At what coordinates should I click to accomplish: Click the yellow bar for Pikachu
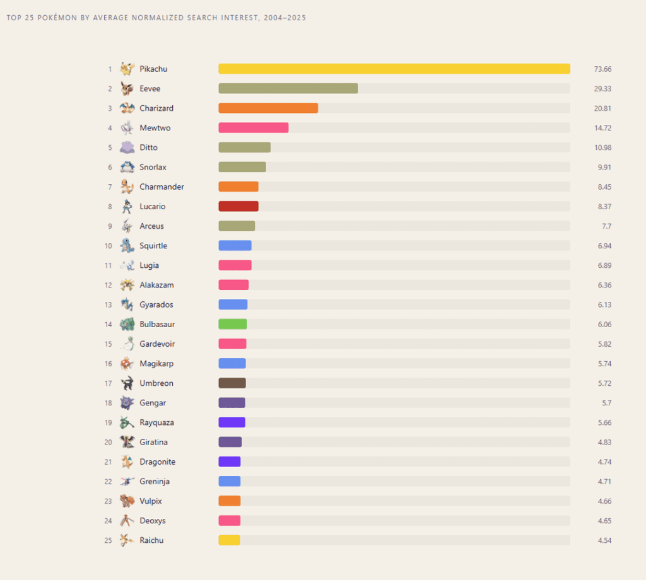pyautogui.click(x=394, y=69)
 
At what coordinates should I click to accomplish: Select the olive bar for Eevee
pyautogui.click(x=288, y=88)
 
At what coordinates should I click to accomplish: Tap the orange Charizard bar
pyautogui.click(x=268, y=108)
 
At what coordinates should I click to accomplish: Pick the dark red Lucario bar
pyautogui.click(x=238, y=206)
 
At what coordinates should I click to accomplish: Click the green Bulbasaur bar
pyautogui.click(x=233, y=324)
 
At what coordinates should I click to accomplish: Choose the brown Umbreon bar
pyautogui.click(x=232, y=383)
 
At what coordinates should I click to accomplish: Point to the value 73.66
pyautogui.click(x=602, y=69)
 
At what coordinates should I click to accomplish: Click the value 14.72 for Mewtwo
pyautogui.click(x=602, y=128)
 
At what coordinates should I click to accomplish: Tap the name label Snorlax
pyautogui.click(x=153, y=167)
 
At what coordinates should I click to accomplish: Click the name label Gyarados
pyautogui.click(x=156, y=304)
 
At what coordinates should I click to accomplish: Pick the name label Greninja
pyautogui.click(x=155, y=481)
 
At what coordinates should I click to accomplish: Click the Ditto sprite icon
pyautogui.click(x=127, y=148)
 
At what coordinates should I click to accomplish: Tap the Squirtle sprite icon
pyautogui.click(x=127, y=246)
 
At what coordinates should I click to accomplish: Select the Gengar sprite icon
pyautogui.click(x=127, y=403)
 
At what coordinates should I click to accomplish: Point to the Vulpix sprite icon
pyautogui.click(x=127, y=501)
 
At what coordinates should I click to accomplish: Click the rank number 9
pyautogui.click(x=109, y=226)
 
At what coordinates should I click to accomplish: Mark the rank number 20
pyautogui.click(x=108, y=442)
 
